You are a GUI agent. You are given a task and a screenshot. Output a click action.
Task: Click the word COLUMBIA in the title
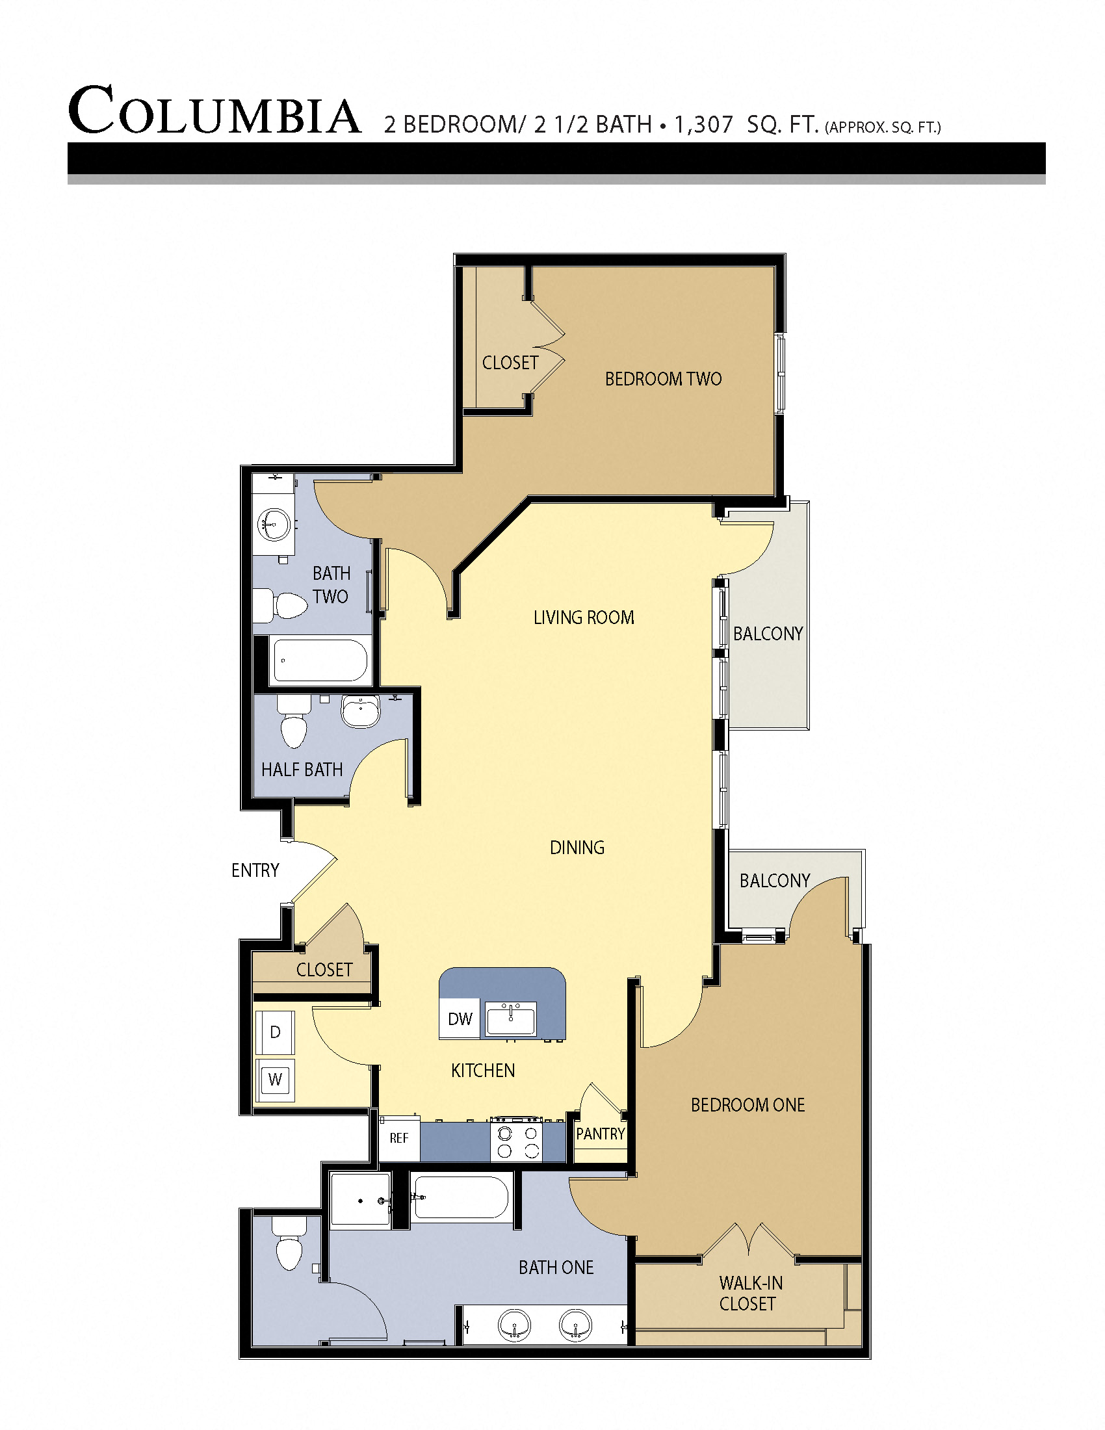[214, 111]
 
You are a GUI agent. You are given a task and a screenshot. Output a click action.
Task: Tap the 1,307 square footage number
[703, 124]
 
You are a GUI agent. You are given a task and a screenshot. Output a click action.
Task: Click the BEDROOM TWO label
[662, 379]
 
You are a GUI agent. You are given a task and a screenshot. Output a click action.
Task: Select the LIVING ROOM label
[583, 617]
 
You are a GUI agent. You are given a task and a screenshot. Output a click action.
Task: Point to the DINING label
[577, 848]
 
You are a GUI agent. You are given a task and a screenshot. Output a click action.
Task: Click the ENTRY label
[255, 870]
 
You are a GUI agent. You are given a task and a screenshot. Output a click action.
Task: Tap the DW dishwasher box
[460, 1019]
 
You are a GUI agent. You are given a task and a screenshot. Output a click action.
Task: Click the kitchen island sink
[511, 1019]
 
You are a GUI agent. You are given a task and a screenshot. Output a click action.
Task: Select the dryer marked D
[275, 1033]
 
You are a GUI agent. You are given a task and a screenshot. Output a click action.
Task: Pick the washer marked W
[275, 1080]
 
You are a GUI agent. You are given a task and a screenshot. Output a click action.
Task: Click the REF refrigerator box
[398, 1138]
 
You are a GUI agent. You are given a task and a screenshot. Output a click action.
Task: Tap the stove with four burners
[518, 1142]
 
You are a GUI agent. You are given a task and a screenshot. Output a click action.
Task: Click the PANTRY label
[601, 1134]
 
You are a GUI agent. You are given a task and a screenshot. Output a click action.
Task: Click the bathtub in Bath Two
[320, 660]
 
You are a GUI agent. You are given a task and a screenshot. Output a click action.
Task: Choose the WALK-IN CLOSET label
[750, 1293]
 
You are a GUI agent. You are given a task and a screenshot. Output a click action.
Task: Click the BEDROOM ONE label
[747, 1105]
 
